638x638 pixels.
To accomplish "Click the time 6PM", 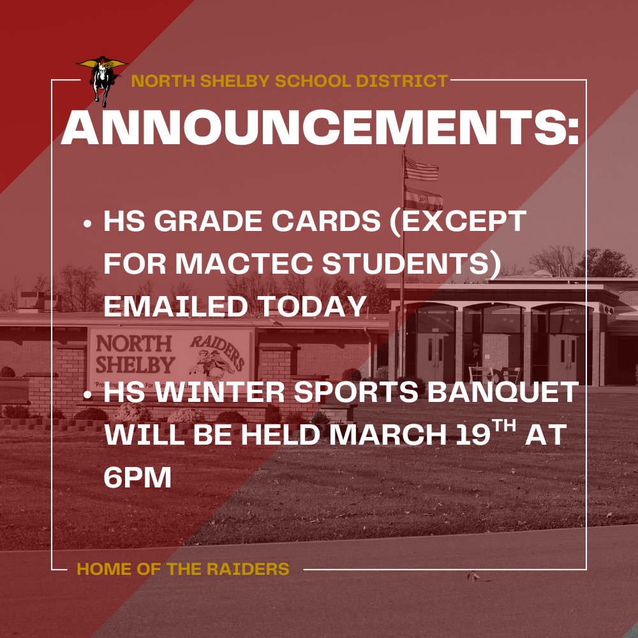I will [x=137, y=478].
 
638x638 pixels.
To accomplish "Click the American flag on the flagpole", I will [x=422, y=169].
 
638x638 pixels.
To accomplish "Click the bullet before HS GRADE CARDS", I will [x=89, y=225].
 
